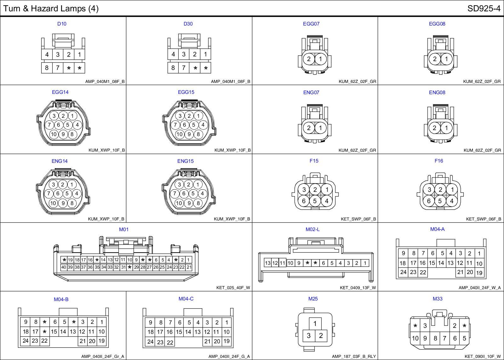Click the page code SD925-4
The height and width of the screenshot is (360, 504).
[x=484, y=9]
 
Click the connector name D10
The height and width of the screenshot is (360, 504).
[x=62, y=24]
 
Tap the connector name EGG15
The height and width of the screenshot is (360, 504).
[x=186, y=92]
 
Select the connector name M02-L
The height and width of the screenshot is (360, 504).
[x=312, y=229]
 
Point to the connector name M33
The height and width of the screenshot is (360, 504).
[x=438, y=299]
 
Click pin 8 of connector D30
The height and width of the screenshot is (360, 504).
[x=173, y=68]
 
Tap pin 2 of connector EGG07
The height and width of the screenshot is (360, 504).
[x=309, y=59]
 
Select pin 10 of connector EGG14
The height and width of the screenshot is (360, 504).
[x=54, y=134]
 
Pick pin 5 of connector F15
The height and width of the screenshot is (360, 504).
[x=315, y=201]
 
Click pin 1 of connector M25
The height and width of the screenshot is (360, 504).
[x=315, y=323]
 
